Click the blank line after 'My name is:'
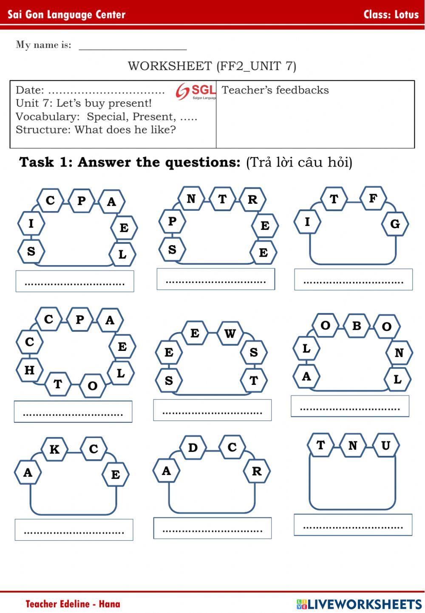coord(133,46)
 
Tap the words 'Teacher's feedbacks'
coord(275,90)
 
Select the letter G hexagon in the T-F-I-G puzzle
coord(395,223)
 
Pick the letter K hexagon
coord(54,449)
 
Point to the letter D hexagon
coord(193,447)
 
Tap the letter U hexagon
coord(385,445)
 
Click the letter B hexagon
coord(357,326)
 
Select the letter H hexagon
coord(29,370)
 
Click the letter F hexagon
coord(373,198)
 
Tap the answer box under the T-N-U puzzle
coord(353,525)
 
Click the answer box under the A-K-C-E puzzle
coord(74,530)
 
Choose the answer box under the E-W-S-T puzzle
coord(212,410)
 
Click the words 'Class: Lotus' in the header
coord(391,14)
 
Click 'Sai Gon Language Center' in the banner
coord(67,15)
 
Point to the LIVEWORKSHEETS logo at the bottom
coord(359,604)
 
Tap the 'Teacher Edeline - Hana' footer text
coord(73,604)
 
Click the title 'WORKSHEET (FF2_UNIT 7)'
coord(212,66)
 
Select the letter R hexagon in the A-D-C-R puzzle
coord(257,471)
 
